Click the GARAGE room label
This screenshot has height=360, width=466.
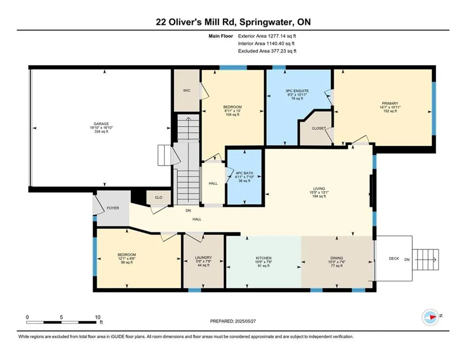point(101,124)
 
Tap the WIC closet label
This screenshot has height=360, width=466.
point(187,90)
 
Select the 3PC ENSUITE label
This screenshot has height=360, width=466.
point(297,91)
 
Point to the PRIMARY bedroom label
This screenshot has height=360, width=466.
point(390,104)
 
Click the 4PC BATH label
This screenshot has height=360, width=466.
point(244,173)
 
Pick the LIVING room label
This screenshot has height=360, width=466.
point(319,188)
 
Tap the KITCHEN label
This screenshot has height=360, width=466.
point(264,258)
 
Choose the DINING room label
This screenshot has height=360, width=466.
point(337,258)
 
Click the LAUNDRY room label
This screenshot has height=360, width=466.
point(204,258)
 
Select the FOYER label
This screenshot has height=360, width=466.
point(113,208)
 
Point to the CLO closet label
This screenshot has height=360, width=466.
point(159,197)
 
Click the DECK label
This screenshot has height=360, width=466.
point(394,259)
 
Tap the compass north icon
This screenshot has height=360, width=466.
point(430,317)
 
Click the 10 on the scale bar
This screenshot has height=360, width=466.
point(98,317)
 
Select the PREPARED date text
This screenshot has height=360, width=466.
point(233,321)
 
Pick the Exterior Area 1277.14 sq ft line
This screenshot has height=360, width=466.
point(267,36)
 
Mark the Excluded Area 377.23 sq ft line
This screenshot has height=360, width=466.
point(267,51)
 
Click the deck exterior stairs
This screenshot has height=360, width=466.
point(426,260)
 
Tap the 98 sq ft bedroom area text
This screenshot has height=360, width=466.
point(127,262)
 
